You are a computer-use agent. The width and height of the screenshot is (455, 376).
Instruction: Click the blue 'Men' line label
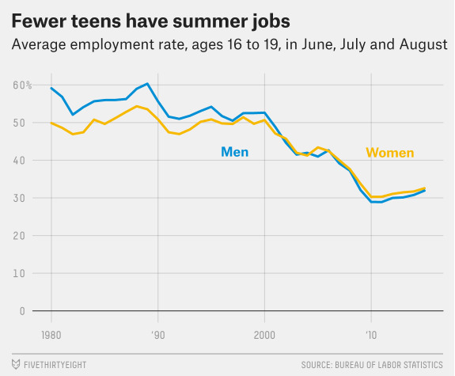tap(234, 151)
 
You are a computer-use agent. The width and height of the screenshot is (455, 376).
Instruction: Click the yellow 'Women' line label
tap(389, 153)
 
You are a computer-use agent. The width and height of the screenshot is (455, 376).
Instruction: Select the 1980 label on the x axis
tap(51, 334)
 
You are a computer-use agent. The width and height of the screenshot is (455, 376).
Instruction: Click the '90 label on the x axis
tap(158, 334)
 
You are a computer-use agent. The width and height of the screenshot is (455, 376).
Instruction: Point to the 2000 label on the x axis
tap(264, 334)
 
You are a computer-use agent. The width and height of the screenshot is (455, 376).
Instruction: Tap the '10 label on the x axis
tap(370, 334)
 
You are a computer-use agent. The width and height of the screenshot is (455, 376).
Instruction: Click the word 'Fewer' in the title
tap(36, 18)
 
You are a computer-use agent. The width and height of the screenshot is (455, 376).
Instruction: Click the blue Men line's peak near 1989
tap(147, 83)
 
